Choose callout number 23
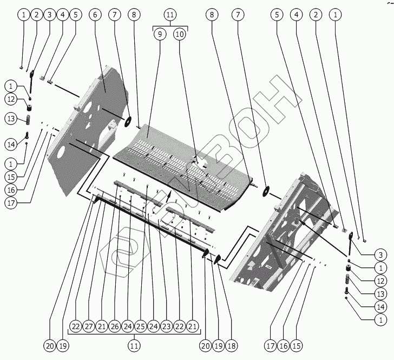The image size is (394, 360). click(165, 326)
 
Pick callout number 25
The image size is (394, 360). click(140, 326)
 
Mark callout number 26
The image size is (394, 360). click(115, 326)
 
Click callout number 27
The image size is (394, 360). click(90, 326)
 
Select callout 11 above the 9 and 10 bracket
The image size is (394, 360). click(170, 15)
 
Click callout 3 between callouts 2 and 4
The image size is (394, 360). click(49, 15)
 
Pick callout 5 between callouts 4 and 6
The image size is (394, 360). click(75, 15)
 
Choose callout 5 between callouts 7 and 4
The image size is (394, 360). click(277, 15)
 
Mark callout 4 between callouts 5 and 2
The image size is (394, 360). click(297, 15)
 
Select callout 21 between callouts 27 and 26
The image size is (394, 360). click(102, 326)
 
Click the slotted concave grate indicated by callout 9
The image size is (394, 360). click(179, 157)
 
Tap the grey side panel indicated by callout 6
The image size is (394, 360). click(89, 125)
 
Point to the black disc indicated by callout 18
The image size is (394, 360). click(217, 260)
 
